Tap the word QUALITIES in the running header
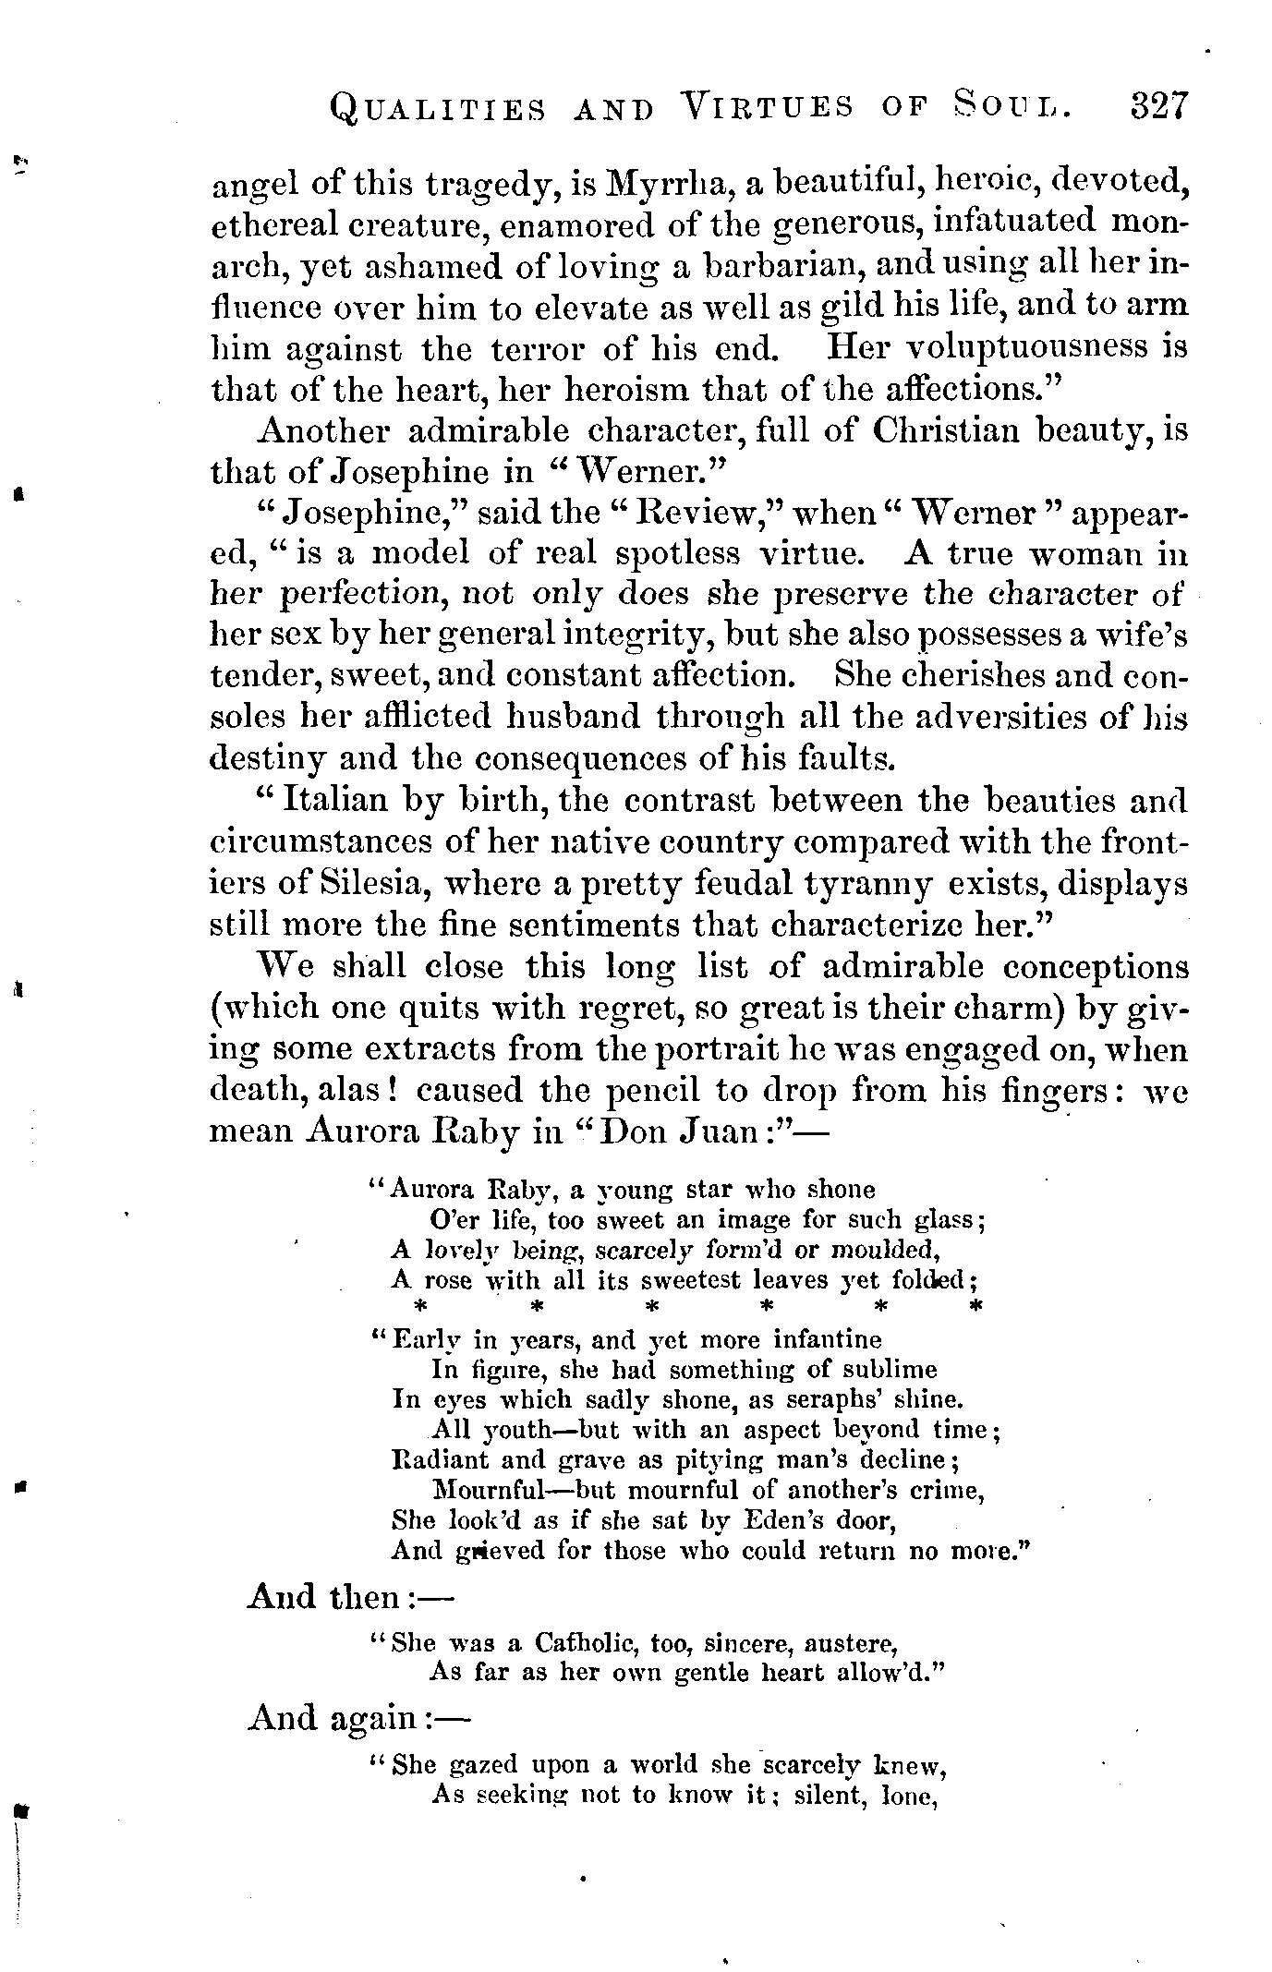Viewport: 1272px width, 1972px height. pyautogui.click(x=437, y=110)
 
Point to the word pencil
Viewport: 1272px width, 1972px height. pyautogui.click(x=655, y=1091)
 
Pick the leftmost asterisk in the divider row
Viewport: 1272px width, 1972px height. pyautogui.click(x=420, y=1307)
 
